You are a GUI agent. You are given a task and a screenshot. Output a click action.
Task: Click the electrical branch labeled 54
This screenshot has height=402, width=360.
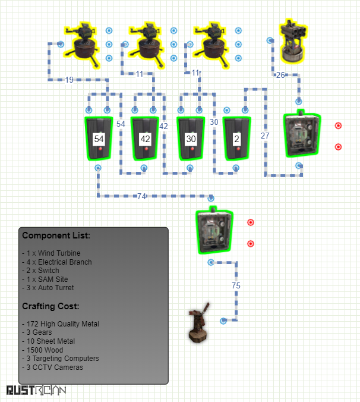(99, 139)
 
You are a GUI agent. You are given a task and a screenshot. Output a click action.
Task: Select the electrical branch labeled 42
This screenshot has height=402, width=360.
(145, 139)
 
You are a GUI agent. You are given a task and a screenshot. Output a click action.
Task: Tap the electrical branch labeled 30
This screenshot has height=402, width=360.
(191, 139)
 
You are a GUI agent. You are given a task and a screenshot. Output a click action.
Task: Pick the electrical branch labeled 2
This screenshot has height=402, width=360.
(237, 139)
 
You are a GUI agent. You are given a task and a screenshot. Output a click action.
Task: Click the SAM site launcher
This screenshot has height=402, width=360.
(293, 41)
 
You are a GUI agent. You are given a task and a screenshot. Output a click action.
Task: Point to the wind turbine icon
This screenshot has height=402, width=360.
(199, 322)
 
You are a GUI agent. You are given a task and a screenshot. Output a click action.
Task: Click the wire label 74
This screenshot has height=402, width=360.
(141, 196)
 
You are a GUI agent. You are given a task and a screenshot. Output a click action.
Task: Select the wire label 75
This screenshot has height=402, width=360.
(236, 285)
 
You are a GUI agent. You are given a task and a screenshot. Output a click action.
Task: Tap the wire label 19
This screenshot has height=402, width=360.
(69, 80)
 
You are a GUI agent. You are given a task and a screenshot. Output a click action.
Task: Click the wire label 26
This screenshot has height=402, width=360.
(280, 75)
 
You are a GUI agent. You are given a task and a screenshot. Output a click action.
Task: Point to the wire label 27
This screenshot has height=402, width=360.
(265, 136)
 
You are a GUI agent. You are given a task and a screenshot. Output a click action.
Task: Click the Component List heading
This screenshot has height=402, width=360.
(56, 235)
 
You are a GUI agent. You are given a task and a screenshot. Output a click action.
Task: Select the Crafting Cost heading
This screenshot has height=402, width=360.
(50, 306)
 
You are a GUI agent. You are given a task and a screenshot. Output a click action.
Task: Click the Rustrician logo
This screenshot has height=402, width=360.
(36, 390)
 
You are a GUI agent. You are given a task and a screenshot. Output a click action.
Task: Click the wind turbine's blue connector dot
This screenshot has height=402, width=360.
(223, 321)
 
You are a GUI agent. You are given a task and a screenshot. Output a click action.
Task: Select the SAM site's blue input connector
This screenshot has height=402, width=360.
(270, 40)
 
